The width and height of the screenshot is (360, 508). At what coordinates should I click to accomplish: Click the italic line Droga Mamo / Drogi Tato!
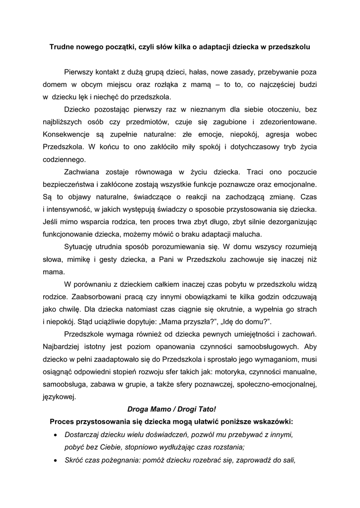coord(172,410)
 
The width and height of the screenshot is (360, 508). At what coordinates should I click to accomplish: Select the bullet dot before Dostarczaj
coord(55,435)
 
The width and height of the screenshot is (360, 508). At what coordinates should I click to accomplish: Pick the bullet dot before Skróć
coord(55,460)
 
